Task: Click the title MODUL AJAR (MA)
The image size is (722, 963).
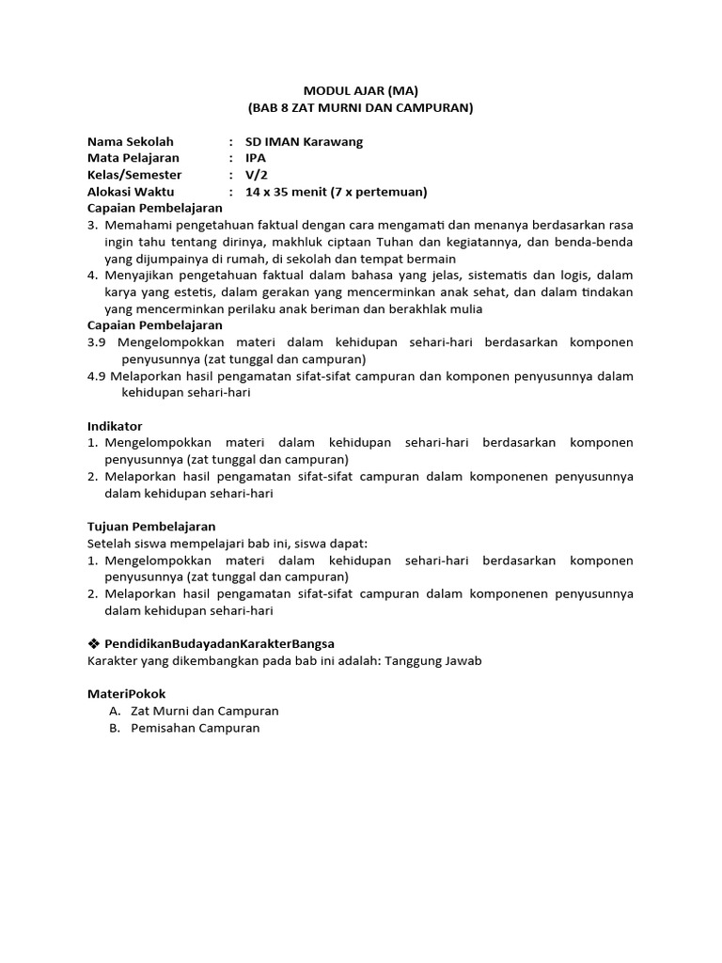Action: click(360, 91)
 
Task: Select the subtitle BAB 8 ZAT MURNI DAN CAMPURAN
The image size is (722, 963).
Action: click(360, 108)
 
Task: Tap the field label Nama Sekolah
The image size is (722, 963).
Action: click(131, 141)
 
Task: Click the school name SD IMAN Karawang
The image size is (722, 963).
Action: click(303, 141)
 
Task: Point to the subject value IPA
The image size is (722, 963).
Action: click(256, 158)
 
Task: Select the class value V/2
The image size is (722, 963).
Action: click(256, 175)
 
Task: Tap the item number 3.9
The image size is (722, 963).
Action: click(98, 342)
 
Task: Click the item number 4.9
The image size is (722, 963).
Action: click(98, 376)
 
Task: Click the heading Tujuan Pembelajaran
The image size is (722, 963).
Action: click(151, 527)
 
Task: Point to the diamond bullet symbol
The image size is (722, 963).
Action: click(93, 643)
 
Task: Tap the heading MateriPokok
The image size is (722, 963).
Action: click(126, 693)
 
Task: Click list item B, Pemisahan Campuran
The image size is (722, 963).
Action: click(195, 728)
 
